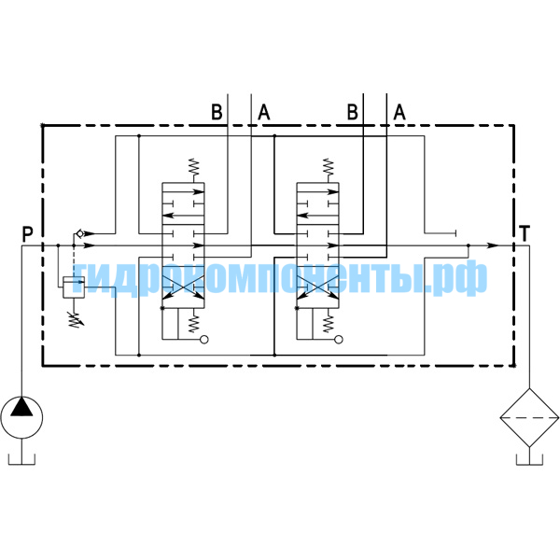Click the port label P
pyautogui.click(x=27, y=234)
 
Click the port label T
pyautogui.click(x=525, y=233)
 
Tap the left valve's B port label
pyautogui.click(x=217, y=112)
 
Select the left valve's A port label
pyautogui.click(x=264, y=112)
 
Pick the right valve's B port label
pyautogui.click(x=353, y=112)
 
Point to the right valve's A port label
pyautogui.click(x=399, y=112)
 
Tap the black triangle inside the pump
pyautogui.click(x=21, y=407)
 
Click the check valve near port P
pyautogui.click(x=79, y=233)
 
